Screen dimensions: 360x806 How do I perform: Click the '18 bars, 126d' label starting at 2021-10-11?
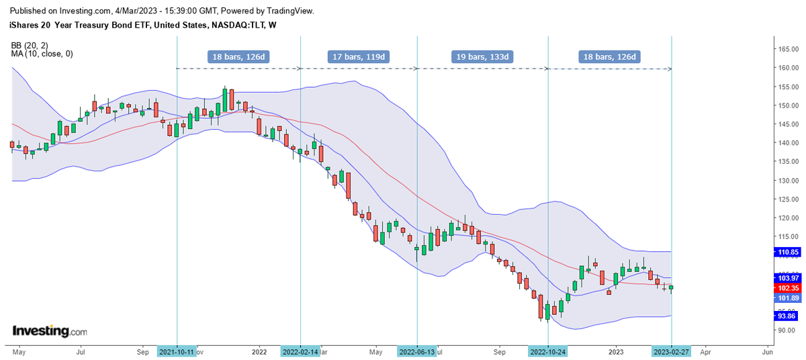(238, 56)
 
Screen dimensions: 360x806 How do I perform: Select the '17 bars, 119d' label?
(358, 56)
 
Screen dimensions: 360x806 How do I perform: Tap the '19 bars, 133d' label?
(482, 56)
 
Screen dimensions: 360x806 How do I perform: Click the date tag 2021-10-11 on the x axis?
(177, 351)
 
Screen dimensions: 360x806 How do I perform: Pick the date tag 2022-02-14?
(300, 351)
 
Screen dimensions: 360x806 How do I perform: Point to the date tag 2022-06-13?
(417, 351)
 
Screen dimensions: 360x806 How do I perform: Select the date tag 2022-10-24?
(549, 351)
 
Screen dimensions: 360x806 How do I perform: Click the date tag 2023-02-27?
(672, 351)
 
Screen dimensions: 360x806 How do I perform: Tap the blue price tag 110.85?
(787, 253)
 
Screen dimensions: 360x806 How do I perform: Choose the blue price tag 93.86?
(787, 316)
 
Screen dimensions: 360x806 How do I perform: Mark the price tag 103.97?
(787, 277)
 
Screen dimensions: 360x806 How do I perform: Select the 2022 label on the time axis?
(259, 351)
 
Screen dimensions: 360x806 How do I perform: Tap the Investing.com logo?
(50, 331)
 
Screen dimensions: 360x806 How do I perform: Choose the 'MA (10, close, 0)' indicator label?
(42, 54)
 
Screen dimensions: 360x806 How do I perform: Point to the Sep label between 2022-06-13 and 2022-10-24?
(499, 351)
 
